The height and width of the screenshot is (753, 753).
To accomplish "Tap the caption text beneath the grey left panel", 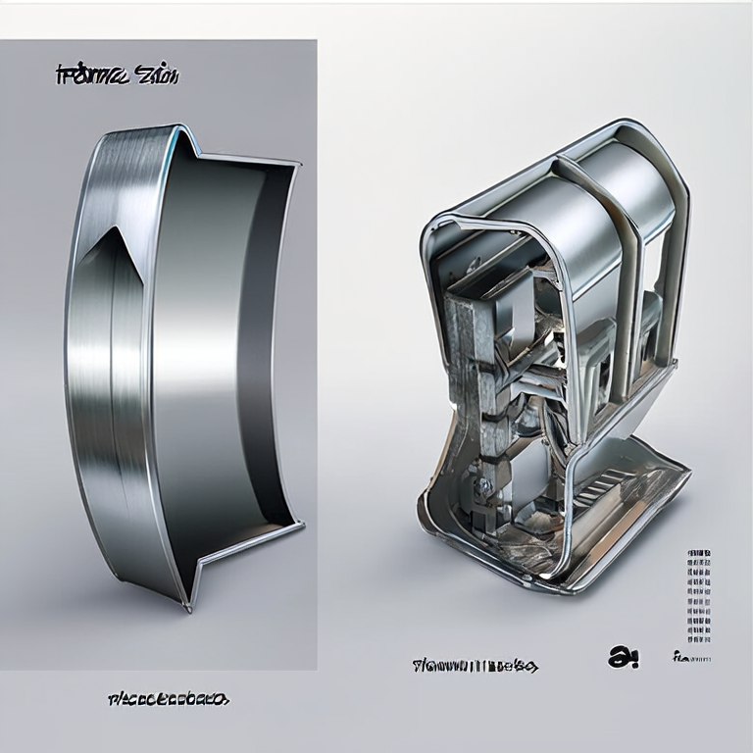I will (x=167, y=699).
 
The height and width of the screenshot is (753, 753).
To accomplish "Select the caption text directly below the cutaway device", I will (x=475, y=667).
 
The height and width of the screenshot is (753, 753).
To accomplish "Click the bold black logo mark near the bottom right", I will (x=623, y=658).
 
